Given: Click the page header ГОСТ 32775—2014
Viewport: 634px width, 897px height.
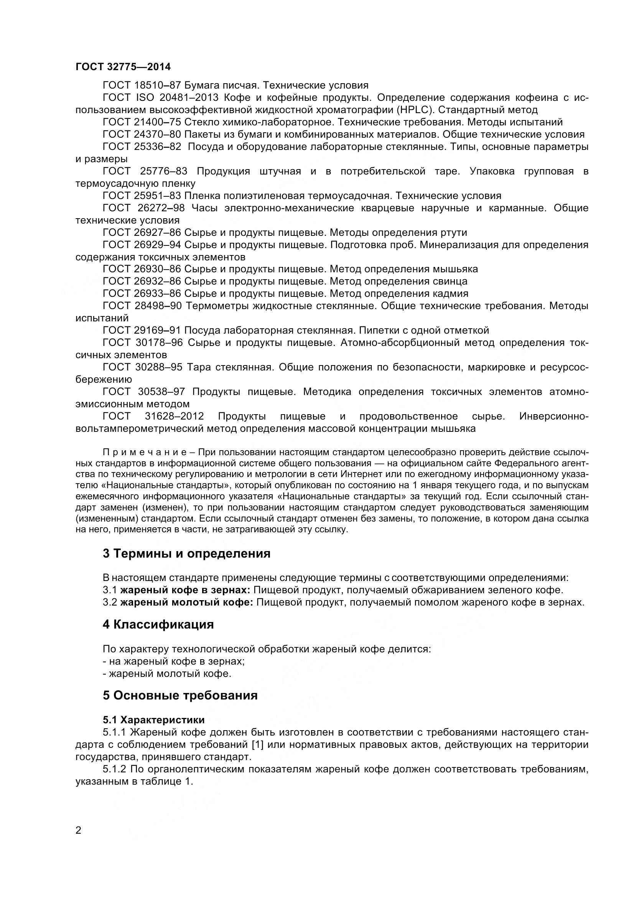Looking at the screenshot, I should click(x=123, y=67).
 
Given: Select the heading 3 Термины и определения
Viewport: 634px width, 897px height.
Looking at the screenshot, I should click(x=186, y=554).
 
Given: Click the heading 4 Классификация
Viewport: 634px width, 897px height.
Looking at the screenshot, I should click(x=158, y=624).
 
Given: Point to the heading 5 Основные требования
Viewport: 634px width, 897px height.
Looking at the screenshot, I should click(x=180, y=695).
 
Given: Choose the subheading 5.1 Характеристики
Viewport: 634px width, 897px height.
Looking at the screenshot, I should click(x=153, y=719).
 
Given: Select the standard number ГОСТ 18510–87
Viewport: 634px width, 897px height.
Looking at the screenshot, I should click(x=142, y=85).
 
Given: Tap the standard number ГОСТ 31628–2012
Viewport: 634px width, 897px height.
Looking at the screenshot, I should click(x=153, y=416).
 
